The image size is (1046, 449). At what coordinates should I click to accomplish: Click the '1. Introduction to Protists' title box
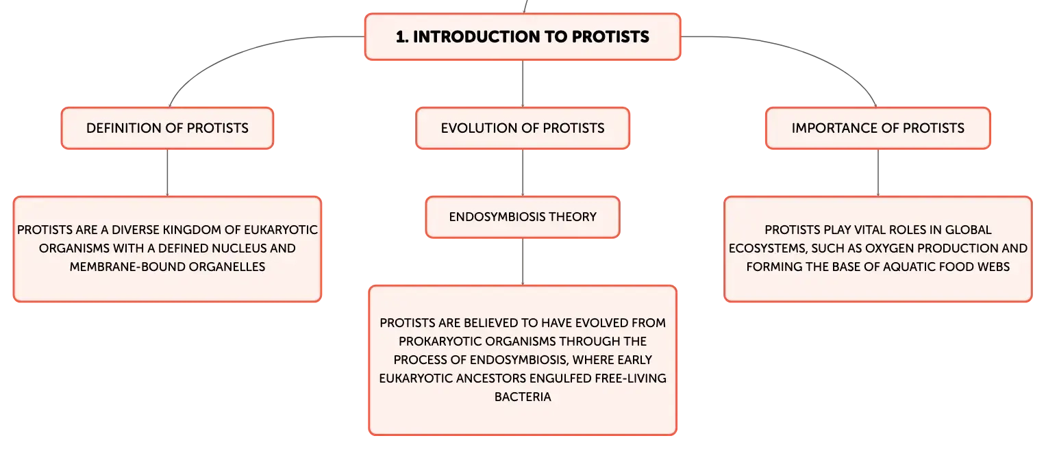pyautogui.click(x=523, y=36)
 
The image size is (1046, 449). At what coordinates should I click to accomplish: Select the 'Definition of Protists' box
pyautogui.click(x=167, y=128)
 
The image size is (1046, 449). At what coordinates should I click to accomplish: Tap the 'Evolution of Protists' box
pyautogui.click(x=523, y=128)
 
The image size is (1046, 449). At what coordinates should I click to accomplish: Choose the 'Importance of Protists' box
pyautogui.click(x=878, y=128)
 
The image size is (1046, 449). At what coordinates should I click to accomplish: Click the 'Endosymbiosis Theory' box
pyautogui.click(x=523, y=217)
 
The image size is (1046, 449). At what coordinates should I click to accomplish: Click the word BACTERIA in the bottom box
pyautogui.click(x=523, y=397)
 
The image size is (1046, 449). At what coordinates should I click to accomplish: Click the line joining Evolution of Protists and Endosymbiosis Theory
pyautogui.click(x=523, y=172)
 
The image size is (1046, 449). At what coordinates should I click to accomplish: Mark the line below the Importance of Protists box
pyautogui.click(x=878, y=172)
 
